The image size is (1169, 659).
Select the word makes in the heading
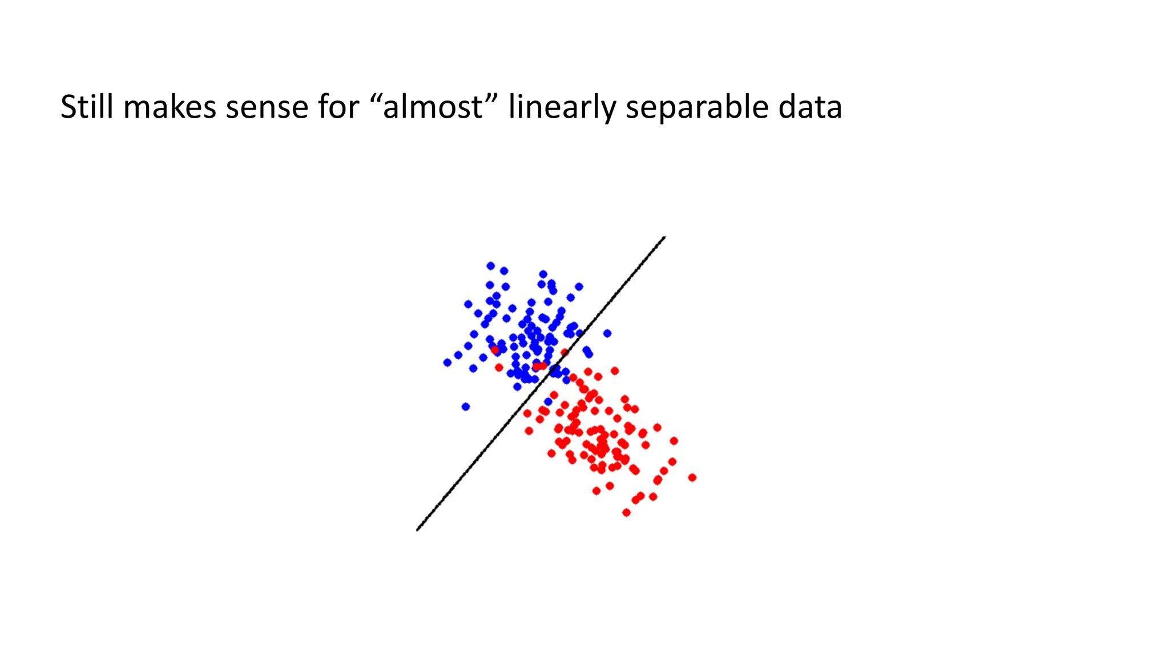pyautogui.click(x=170, y=107)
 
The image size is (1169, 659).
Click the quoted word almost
pyautogui.click(x=433, y=107)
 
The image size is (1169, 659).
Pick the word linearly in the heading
pyautogui.click(x=562, y=107)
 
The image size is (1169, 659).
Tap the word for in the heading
pyautogui.click(x=338, y=107)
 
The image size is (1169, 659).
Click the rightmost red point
pyautogui.click(x=692, y=477)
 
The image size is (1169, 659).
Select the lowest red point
pyautogui.click(x=626, y=512)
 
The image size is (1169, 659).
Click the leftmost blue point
pyautogui.click(x=447, y=362)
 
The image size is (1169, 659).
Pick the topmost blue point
pyautogui.click(x=490, y=266)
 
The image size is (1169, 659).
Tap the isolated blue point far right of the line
pyautogui.click(x=607, y=333)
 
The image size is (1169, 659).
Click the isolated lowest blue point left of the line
pyautogui.click(x=465, y=407)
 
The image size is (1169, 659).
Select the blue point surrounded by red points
pyautogui.click(x=549, y=401)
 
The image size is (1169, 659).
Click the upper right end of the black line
pyautogui.click(x=664, y=238)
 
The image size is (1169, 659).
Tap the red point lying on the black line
pyautogui.click(x=565, y=352)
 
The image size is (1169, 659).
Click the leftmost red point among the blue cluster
pyautogui.click(x=495, y=349)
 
